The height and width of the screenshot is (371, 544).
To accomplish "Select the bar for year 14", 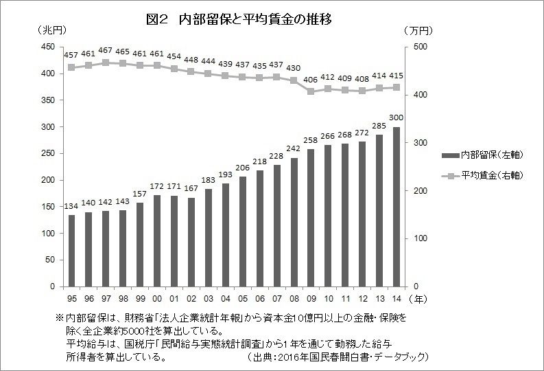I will pyautogui.click(x=397, y=206).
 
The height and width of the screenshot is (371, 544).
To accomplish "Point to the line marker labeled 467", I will pyautogui.click(x=105, y=63).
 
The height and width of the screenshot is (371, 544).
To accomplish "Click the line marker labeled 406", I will pyautogui.click(x=311, y=91).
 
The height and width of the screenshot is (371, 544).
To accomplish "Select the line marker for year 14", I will pyautogui.click(x=397, y=87).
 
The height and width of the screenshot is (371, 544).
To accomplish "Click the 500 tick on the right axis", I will pyautogui.click(x=419, y=47).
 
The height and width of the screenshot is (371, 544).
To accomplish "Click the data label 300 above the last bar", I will pyautogui.click(x=397, y=118).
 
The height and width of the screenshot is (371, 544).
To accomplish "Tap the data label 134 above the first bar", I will pyautogui.click(x=71, y=206).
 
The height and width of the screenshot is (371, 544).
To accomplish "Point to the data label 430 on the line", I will pyautogui.click(x=294, y=68).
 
